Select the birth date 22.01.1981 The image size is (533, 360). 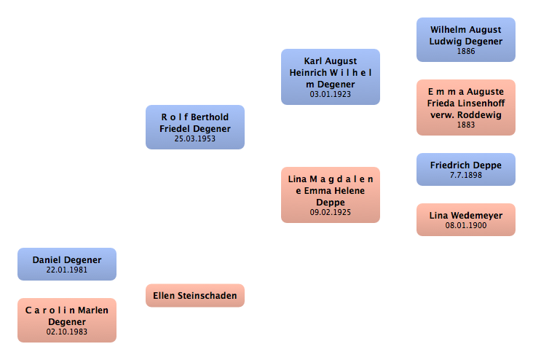coord(67,270)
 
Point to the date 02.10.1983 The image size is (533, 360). coord(67,332)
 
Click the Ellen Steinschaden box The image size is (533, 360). coord(195,295)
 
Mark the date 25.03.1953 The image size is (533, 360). coord(195,138)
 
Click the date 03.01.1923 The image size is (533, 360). coord(331,95)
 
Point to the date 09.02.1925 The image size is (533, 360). coord(331,213)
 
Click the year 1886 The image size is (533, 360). coord(466,52)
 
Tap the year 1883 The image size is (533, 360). coord(466,125)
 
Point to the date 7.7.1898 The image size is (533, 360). coord(466,176)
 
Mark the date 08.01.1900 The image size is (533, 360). coord(466,226)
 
